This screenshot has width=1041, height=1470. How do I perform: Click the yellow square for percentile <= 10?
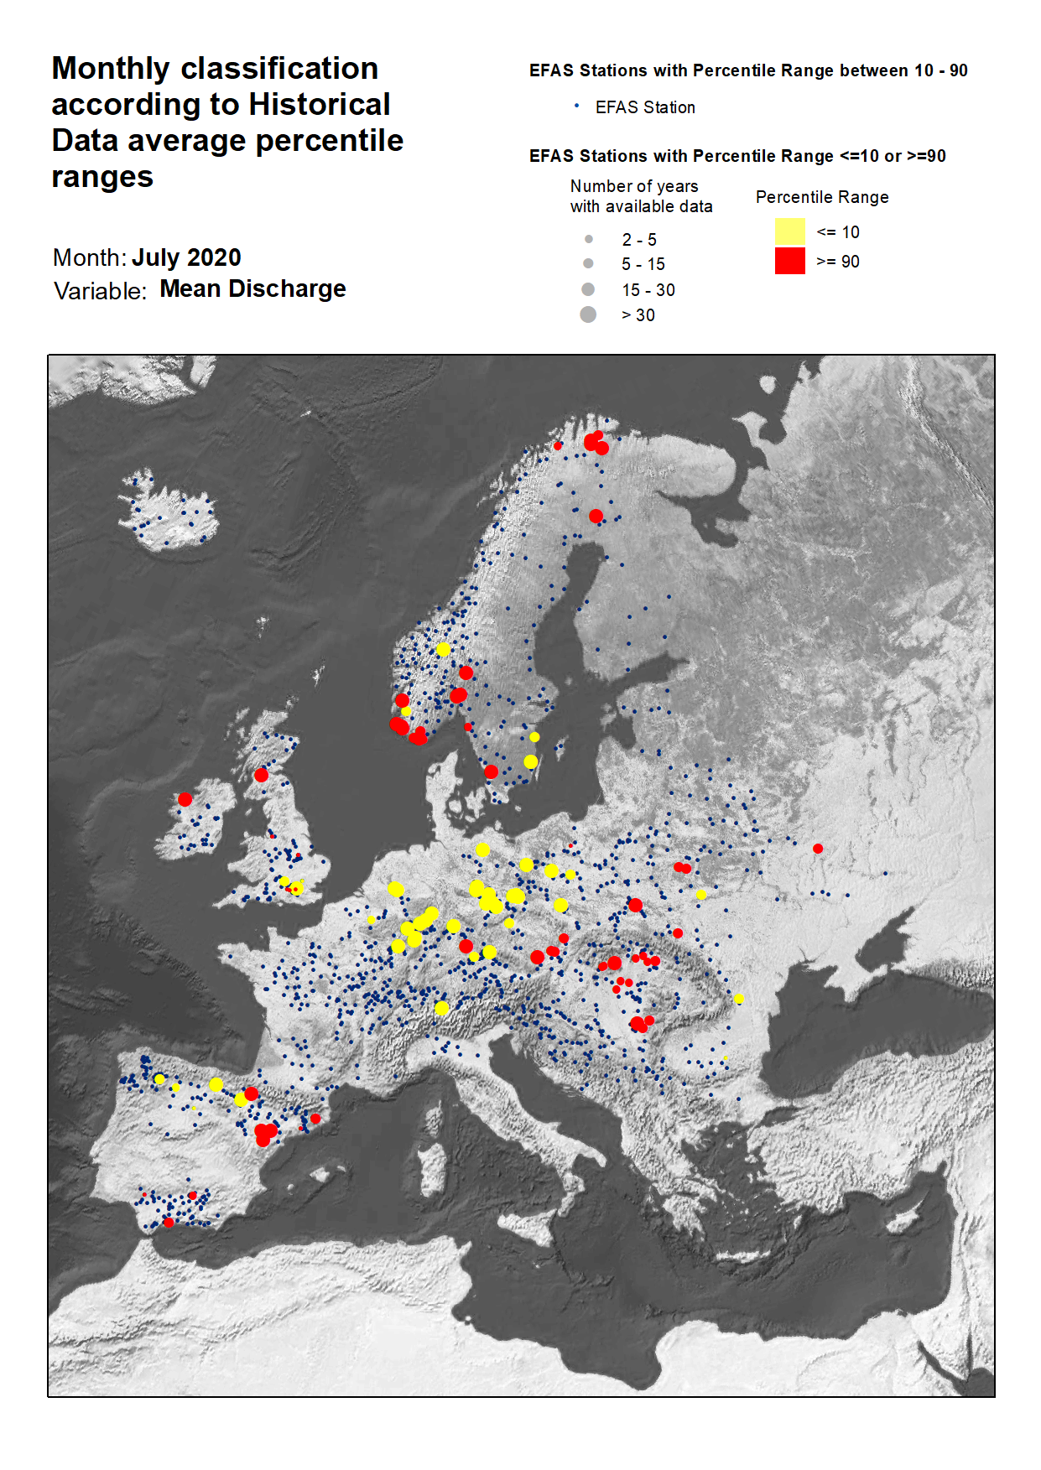(x=789, y=231)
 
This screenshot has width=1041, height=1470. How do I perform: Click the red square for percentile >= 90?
(x=789, y=261)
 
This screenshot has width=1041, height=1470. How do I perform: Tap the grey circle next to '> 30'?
(x=588, y=314)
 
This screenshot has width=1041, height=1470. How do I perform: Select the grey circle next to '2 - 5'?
(x=589, y=239)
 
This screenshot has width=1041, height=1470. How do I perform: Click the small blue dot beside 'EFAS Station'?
(x=576, y=106)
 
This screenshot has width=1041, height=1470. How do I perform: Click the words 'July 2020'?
(x=186, y=257)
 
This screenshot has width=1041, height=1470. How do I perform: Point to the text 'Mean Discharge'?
(x=252, y=288)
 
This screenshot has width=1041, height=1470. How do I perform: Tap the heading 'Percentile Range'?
(x=821, y=197)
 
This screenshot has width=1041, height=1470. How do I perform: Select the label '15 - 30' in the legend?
(x=648, y=290)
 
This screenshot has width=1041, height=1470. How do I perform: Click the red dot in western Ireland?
(x=185, y=799)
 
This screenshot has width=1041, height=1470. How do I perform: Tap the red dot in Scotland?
(x=261, y=775)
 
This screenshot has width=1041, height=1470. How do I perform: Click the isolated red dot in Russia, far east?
(x=818, y=849)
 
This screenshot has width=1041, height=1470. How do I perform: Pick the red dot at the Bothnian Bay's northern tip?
(x=596, y=516)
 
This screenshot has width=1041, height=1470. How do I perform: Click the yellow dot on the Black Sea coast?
(x=739, y=999)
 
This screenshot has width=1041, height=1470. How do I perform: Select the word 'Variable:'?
(x=100, y=291)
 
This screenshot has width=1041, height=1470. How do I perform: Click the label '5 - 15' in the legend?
(x=643, y=264)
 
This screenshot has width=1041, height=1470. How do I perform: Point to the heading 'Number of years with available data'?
(x=641, y=196)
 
